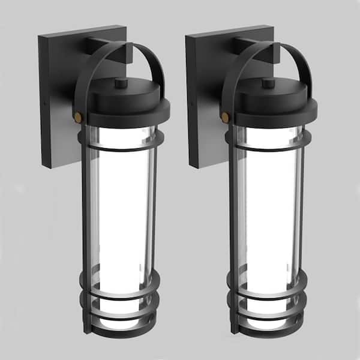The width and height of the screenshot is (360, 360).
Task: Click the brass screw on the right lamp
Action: coord(224,116)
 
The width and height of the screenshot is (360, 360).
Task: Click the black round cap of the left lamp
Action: coord(123,102)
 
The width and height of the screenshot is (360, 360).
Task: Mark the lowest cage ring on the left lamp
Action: coord(120,322)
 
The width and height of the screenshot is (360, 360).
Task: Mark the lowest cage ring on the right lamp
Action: coord(268,322)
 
